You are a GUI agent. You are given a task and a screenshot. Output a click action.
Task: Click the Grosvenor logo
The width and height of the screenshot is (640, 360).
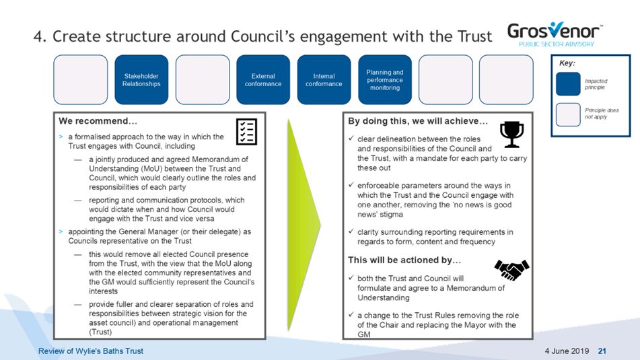555,34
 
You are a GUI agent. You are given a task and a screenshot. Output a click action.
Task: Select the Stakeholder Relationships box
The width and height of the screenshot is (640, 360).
141,79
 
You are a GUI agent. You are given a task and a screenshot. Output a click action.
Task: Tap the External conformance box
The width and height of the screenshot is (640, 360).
263,79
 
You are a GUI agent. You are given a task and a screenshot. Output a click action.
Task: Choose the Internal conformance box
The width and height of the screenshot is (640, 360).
324,79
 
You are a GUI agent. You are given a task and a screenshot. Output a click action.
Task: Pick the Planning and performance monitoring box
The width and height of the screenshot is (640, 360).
385,79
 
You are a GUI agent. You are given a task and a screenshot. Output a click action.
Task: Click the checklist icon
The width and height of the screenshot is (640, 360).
246,132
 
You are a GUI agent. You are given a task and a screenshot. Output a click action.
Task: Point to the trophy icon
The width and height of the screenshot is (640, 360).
512,135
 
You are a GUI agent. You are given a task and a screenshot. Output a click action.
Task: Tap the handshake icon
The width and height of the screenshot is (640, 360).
512,270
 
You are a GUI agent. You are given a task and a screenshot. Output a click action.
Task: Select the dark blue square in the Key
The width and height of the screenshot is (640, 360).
568,83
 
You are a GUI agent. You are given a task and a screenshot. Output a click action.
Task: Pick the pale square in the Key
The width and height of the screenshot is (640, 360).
568,114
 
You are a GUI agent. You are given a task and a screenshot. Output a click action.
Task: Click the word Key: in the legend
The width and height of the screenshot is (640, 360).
567,63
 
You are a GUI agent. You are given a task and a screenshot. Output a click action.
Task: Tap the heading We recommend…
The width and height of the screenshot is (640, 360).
98,121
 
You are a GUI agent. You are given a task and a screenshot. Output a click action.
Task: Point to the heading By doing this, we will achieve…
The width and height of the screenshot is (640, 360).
418,121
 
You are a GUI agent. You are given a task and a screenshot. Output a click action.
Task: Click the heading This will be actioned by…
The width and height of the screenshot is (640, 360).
404,260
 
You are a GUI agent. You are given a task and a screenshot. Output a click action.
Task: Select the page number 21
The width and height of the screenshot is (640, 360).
602,351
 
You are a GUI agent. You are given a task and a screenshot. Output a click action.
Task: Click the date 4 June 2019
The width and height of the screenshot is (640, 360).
567,351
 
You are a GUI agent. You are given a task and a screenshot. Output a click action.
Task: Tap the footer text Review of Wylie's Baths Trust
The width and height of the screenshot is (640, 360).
91,351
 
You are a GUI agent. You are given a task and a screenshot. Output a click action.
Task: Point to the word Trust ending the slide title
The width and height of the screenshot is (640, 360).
474,37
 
